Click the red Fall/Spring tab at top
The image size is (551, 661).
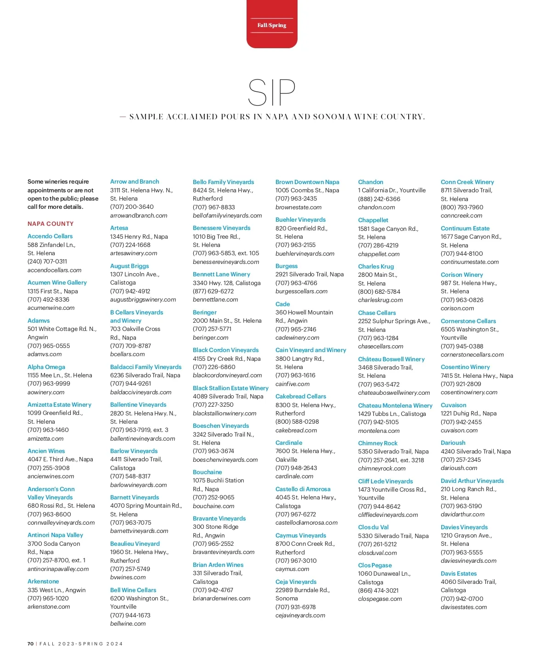272,25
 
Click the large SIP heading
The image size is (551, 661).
271,93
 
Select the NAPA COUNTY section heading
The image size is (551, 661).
51,224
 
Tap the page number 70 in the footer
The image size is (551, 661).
30,644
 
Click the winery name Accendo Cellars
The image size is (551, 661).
50,236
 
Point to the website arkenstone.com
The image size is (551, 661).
49,606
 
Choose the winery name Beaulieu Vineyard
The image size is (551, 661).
135,543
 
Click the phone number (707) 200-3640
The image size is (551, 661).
132,207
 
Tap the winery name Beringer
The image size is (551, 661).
205,312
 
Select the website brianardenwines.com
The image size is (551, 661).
222,598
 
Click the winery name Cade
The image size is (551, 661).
283,304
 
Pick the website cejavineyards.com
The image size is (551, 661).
300,615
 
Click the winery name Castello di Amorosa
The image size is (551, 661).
303,489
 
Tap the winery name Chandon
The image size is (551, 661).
371,182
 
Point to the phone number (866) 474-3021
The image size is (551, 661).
378,590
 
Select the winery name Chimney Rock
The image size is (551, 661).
378,443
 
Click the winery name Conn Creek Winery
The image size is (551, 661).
467,182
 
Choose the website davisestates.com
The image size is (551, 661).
464,607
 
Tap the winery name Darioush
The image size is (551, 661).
453,443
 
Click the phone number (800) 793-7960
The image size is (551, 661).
462,207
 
